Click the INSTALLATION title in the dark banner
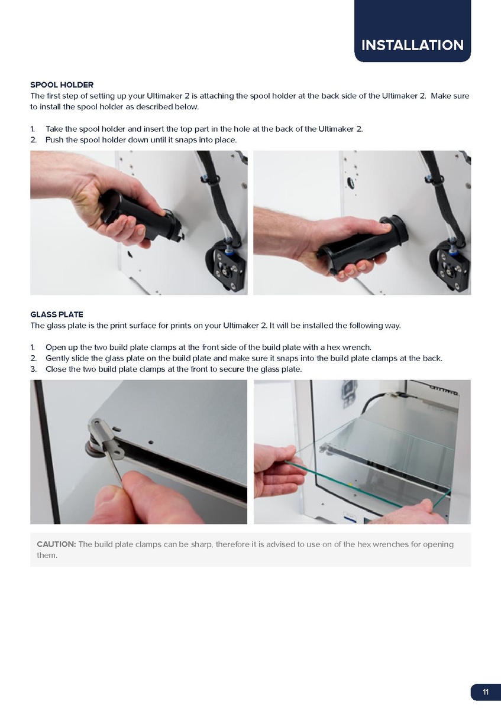[412, 45]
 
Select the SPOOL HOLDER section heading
[62, 85]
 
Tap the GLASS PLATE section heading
[57, 314]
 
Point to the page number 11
[486, 692]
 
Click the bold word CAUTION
[56, 544]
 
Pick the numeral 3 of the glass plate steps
[33, 369]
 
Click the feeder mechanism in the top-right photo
[450, 264]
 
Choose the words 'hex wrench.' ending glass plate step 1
[351, 347]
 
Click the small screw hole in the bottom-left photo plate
[150, 442]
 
